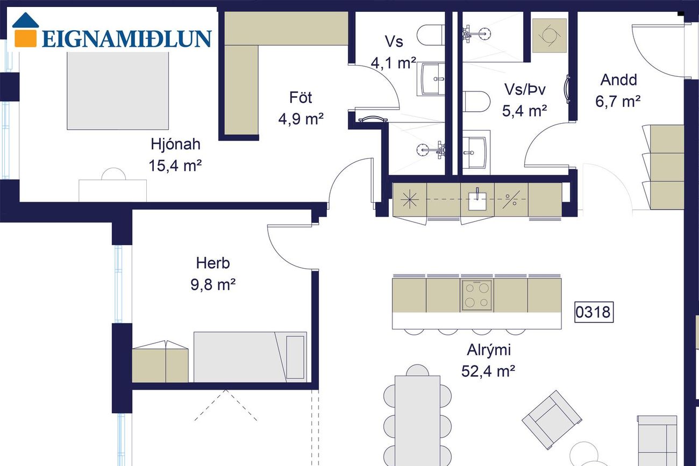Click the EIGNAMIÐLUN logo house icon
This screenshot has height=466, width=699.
click(x=26, y=30)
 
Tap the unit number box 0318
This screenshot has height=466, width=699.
click(x=594, y=312)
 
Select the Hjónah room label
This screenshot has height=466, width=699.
click(x=175, y=144)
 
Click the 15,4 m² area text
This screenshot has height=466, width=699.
click(x=175, y=166)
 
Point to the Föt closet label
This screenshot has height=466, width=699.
click(x=301, y=98)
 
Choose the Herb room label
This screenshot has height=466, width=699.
click(x=213, y=263)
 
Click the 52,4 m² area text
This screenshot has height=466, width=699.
click(x=488, y=371)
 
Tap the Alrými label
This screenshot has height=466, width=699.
click(x=489, y=350)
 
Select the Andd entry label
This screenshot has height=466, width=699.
click(x=618, y=80)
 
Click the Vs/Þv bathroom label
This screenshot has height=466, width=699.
click(x=525, y=90)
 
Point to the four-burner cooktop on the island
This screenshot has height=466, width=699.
click(x=476, y=295)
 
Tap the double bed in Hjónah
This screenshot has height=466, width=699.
click(x=118, y=90)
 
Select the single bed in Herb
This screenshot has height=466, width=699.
click(x=250, y=357)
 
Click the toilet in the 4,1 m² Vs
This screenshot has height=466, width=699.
click(x=431, y=35)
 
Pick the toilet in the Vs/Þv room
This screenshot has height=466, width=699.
click(x=476, y=102)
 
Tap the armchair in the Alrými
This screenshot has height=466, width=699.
click(x=552, y=420)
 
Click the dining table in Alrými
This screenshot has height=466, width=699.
click(x=418, y=421)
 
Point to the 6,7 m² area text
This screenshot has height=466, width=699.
click(x=618, y=102)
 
